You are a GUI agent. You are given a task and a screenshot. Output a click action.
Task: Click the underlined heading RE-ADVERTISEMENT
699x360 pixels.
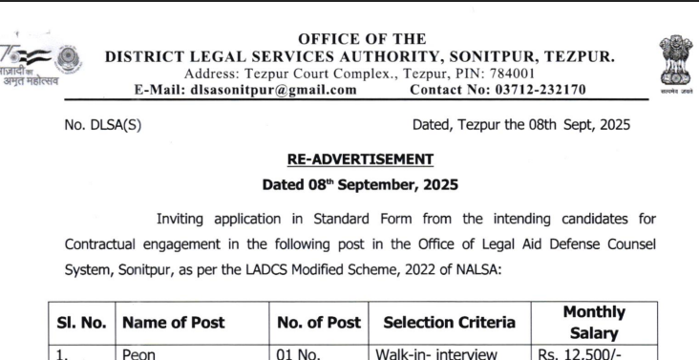click(360, 159)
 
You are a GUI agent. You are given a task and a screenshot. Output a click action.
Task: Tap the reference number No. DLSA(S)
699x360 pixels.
click(103, 124)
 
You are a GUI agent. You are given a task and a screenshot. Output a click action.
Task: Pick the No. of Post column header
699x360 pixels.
click(319, 323)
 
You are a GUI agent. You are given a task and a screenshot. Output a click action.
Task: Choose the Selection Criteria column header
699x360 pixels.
click(449, 323)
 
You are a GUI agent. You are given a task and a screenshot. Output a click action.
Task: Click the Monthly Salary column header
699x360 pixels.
click(594, 323)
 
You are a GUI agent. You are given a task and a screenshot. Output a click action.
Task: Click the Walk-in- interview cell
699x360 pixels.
click(437, 354)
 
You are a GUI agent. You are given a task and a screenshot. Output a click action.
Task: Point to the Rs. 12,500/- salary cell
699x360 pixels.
click(582, 354)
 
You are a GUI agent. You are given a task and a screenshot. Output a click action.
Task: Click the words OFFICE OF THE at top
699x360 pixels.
click(362, 39)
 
